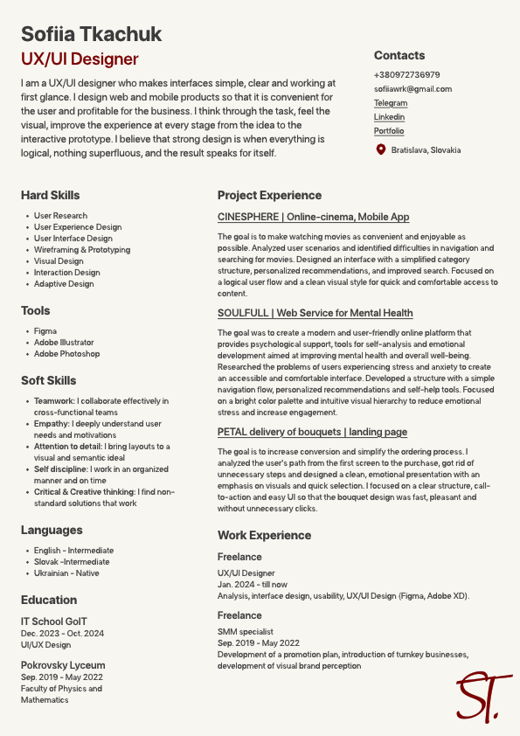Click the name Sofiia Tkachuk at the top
pyautogui.click(x=92, y=34)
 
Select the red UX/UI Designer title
pyautogui.click(x=80, y=59)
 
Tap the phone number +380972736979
pyautogui.click(x=406, y=75)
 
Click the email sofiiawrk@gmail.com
pyautogui.click(x=413, y=89)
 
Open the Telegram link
pyautogui.click(x=391, y=103)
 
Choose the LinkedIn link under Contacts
pyautogui.click(x=389, y=117)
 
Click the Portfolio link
pyautogui.click(x=389, y=131)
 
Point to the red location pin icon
pyautogui.click(x=380, y=149)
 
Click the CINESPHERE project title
pyautogui.click(x=313, y=217)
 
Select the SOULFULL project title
pyautogui.click(x=315, y=313)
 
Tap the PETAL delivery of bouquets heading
pyautogui.click(x=312, y=432)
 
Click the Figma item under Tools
pyautogui.click(x=45, y=331)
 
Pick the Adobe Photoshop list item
pyautogui.click(x=66, y=354)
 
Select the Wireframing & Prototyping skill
pyautogui.click(x=82, y=250)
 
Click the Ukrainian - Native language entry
pyautogui.click(x=66, y=573)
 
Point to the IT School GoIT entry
pyautogui.click(x=54, y=621)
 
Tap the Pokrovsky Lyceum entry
pyautogui.click(x=63, y=665)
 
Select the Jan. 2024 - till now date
pyautogui.click(x=252, y=585)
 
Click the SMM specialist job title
pyautogui.click(x=245, y=631)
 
